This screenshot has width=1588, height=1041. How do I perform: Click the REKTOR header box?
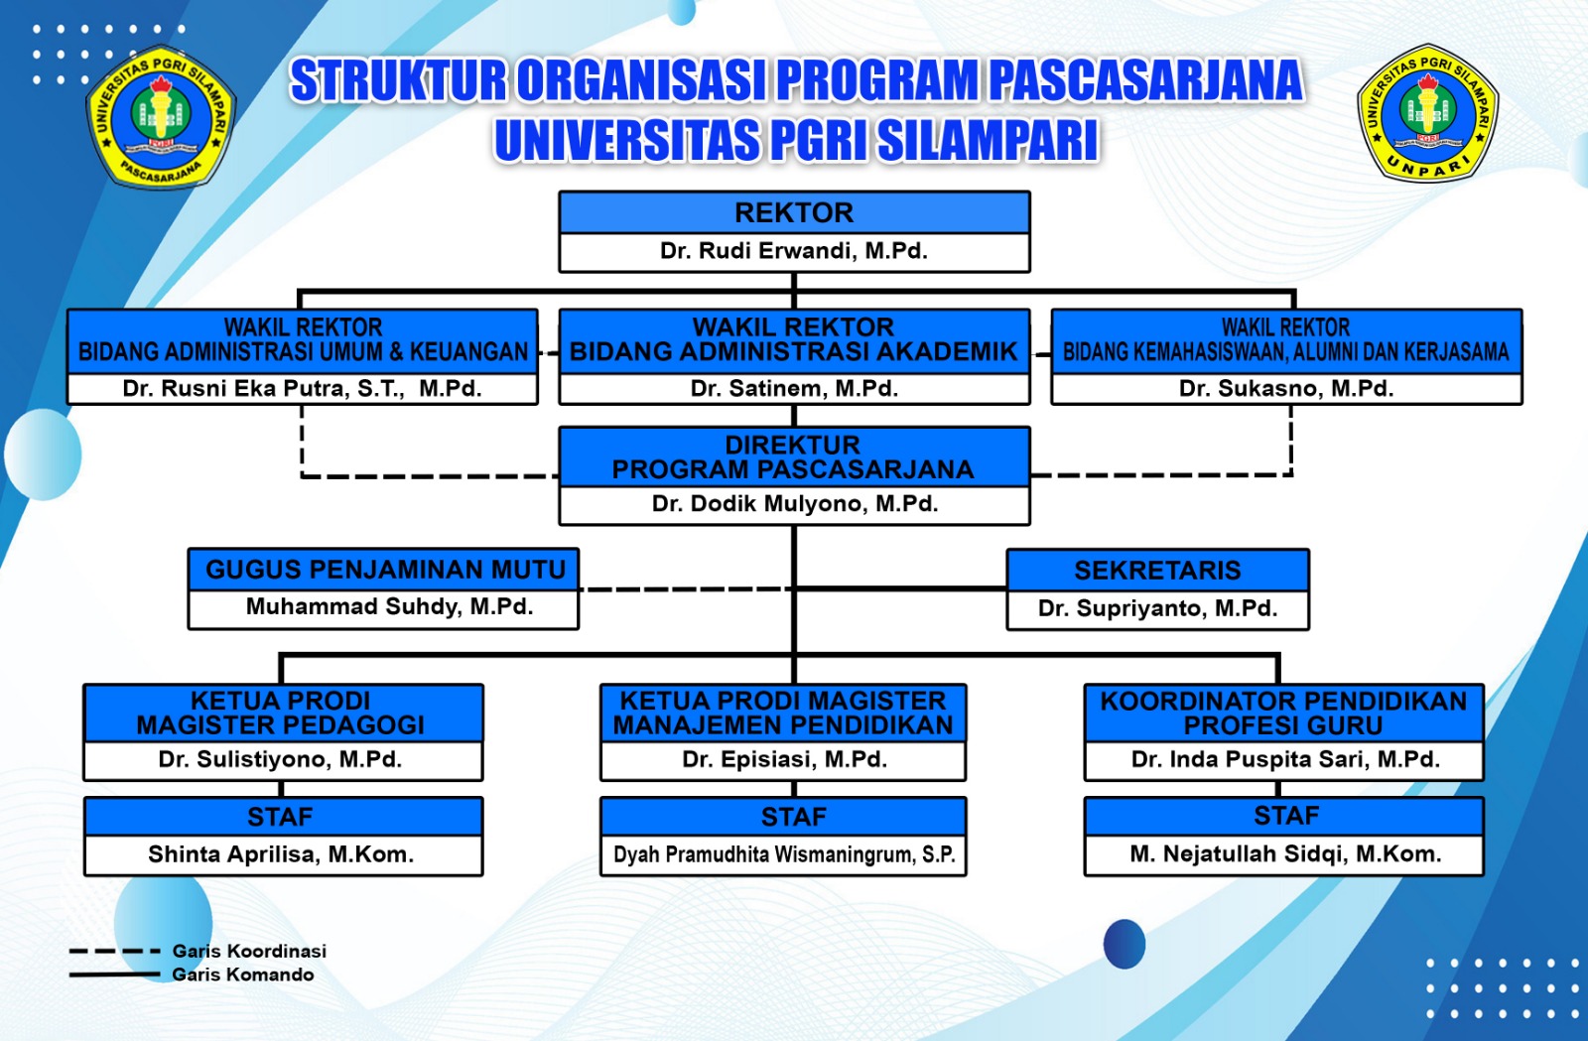(794, 212)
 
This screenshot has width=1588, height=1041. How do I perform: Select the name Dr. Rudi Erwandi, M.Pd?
(794, 251)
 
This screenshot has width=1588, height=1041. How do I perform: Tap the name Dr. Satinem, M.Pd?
(794, 389)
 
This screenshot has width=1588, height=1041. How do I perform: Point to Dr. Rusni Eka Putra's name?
(302, 389)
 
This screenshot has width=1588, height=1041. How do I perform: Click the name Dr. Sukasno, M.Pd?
(1286, 389)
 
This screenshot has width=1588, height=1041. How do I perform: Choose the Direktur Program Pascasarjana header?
(794, 456)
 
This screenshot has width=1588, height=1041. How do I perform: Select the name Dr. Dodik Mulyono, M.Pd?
(794, 504)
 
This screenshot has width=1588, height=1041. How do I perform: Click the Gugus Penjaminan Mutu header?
(384, 570)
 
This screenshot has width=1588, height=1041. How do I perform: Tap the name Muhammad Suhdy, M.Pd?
(389, 606)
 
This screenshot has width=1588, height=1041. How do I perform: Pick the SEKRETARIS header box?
(1157, 571)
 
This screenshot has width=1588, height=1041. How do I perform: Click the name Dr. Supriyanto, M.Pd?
(1157, 608)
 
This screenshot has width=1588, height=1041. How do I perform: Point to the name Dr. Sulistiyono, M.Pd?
(280, 760)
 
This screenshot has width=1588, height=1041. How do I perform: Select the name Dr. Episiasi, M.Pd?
(784, 760)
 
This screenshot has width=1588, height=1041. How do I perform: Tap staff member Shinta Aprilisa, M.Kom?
(281, 854)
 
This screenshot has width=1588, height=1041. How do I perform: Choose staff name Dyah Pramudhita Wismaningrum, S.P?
(784, 854)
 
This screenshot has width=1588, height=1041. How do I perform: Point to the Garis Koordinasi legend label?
(249, 951)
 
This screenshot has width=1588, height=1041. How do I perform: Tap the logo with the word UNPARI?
(1427, 112)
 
